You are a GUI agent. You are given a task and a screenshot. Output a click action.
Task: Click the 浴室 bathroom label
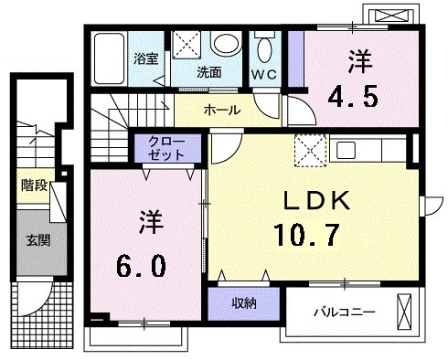[x=146, y=58]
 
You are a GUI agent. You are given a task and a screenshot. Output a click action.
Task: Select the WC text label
[x=265, y=72]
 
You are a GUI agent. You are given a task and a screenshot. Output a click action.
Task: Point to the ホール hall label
[x=222, y=111]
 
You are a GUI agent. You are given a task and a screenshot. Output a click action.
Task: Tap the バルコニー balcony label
[x=345, y=312]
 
